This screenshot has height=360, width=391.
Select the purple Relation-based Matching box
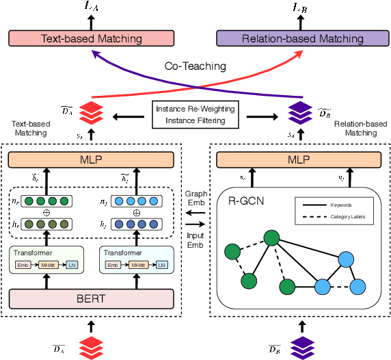pyautogui.click(x=302, y=38)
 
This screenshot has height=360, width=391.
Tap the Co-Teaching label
pyautogui.click(x=195, y=66)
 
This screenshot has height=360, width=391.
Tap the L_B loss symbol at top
pyautogui.click(x=301, y=8)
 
